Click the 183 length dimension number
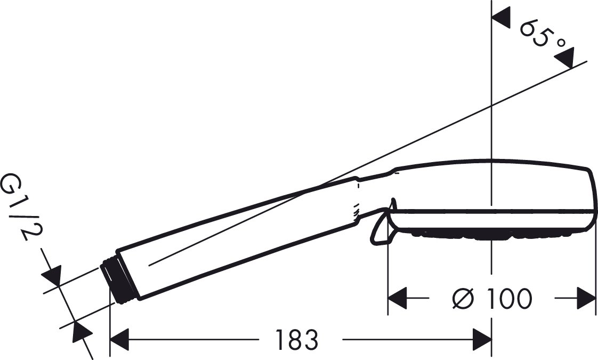coord(296,339)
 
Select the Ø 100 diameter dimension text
coord(491,299)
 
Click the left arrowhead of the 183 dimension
coord(119,339)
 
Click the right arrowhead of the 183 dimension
coord(482,339)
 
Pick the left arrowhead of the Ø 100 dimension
coord(398,298)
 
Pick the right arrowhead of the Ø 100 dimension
coord(587,298)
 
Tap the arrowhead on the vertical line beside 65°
coord(501,17)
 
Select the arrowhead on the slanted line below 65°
coord(564,58)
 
